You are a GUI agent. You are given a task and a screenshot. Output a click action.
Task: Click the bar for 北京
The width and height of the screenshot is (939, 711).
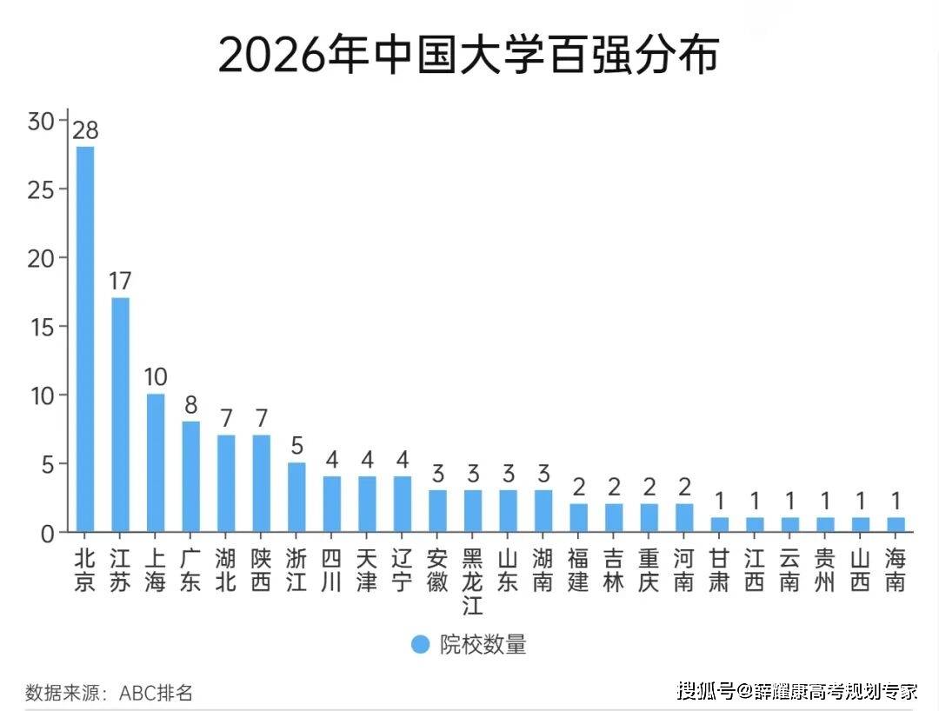[x=85, y=338]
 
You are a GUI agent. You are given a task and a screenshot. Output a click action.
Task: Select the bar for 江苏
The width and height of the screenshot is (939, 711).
[x=120, y=414]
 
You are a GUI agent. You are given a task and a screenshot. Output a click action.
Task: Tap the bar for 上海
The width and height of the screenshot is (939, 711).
[x=156, y=462]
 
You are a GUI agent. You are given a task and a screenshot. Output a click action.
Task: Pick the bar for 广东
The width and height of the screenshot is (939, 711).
[x=190, y=475]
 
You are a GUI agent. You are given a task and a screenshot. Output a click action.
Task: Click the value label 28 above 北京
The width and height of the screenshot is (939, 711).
[x=85, y=130]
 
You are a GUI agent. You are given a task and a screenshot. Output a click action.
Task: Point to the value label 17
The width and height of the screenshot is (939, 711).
[x=120, y=282]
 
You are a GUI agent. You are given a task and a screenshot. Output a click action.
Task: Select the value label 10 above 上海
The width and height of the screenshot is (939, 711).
[x=156, y=378]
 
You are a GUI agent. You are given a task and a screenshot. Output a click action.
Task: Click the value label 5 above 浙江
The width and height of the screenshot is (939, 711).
[x=296, y=446]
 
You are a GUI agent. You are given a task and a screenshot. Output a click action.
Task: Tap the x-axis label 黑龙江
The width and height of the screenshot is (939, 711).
[x=472, y=581]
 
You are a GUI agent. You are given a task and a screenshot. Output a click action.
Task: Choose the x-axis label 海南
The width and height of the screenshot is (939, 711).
[x=896, y=570]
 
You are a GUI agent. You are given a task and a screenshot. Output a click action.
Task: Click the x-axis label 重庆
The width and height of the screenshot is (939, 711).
[x=649, y=570]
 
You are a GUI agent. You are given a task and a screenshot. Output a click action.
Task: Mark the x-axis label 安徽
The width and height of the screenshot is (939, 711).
[x=437, y=570]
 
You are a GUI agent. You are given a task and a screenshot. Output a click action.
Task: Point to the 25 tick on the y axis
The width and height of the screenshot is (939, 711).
[x=41, y=189]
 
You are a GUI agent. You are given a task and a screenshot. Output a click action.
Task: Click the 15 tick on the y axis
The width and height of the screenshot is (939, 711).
[x=41, y=327]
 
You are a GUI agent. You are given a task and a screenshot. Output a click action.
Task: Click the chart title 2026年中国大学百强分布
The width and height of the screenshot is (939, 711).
[x=469, y=55]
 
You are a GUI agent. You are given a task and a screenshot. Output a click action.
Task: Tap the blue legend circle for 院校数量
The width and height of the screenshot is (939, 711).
[x=421, y=644]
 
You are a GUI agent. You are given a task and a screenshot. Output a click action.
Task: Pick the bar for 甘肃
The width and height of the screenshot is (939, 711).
[x=719, y=524]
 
